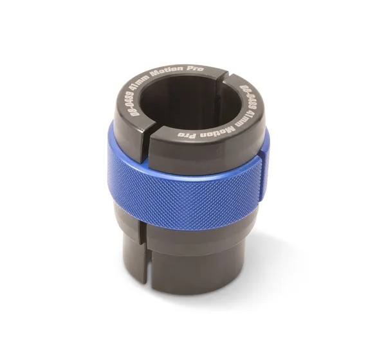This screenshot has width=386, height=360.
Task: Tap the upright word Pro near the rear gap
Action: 195,68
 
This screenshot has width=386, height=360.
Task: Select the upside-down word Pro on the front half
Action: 187,134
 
